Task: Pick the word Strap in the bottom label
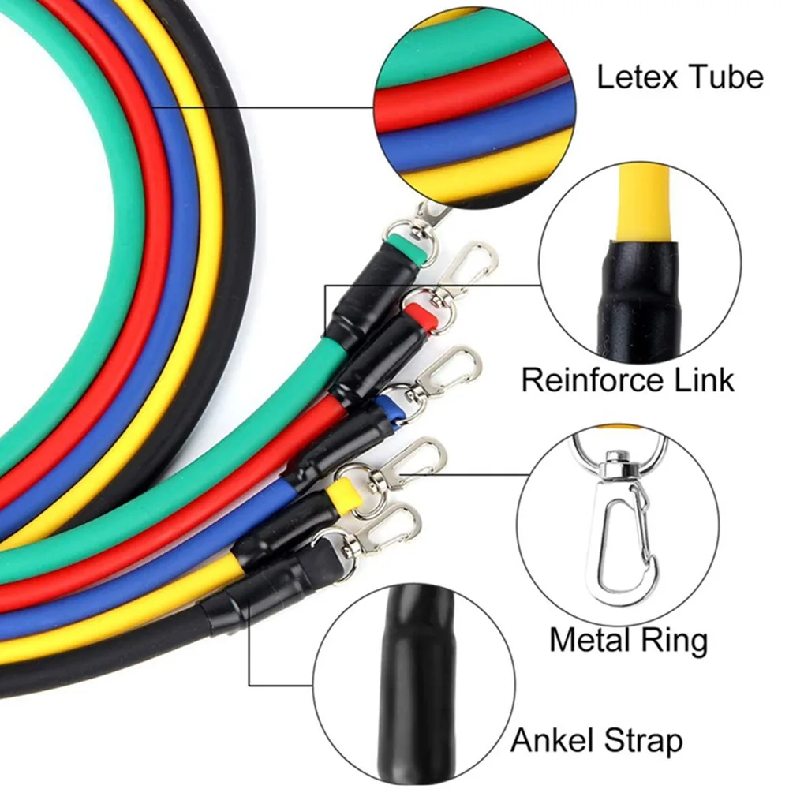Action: pyautogui.click(x=643, y=741)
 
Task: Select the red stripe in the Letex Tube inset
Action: pyautogui.click(x=473, y=91)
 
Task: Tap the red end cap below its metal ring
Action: pyautogui.click(x=421, y=320)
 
